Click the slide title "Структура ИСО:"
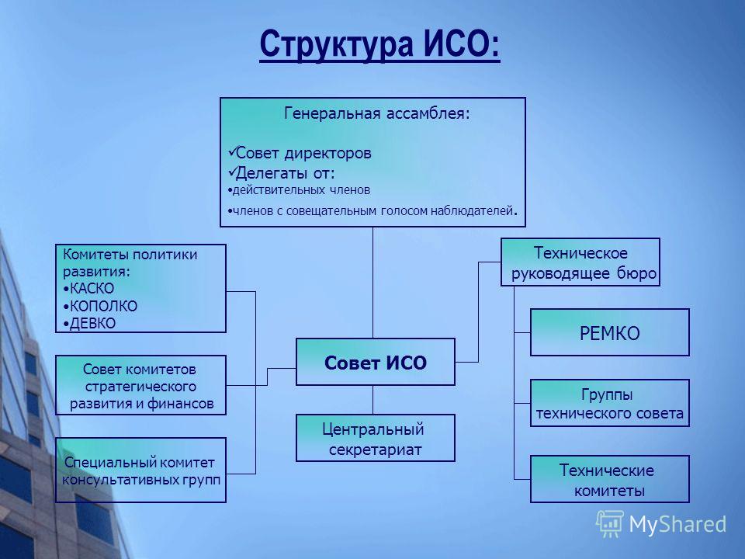point(379,44)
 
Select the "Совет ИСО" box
point(376,362)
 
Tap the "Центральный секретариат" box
point(376,438)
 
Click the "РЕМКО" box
point(610,332)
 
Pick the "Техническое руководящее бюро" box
point(580,262)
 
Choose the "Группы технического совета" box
point(610,403)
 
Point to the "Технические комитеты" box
point(610,479)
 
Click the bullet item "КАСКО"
point(88,289)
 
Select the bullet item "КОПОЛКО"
point(100,306)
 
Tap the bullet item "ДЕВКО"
point(89,323)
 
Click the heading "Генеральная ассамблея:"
point(377,113)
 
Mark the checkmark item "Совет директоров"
point(300,153)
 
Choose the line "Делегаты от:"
point(281,172)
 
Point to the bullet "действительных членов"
point(299,190)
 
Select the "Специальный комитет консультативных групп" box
point(140,470)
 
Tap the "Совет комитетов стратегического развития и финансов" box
point(140,385)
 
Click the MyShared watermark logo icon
point(610,524)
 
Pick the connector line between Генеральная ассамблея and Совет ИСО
point(373,283)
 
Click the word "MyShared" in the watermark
point(677,525)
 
